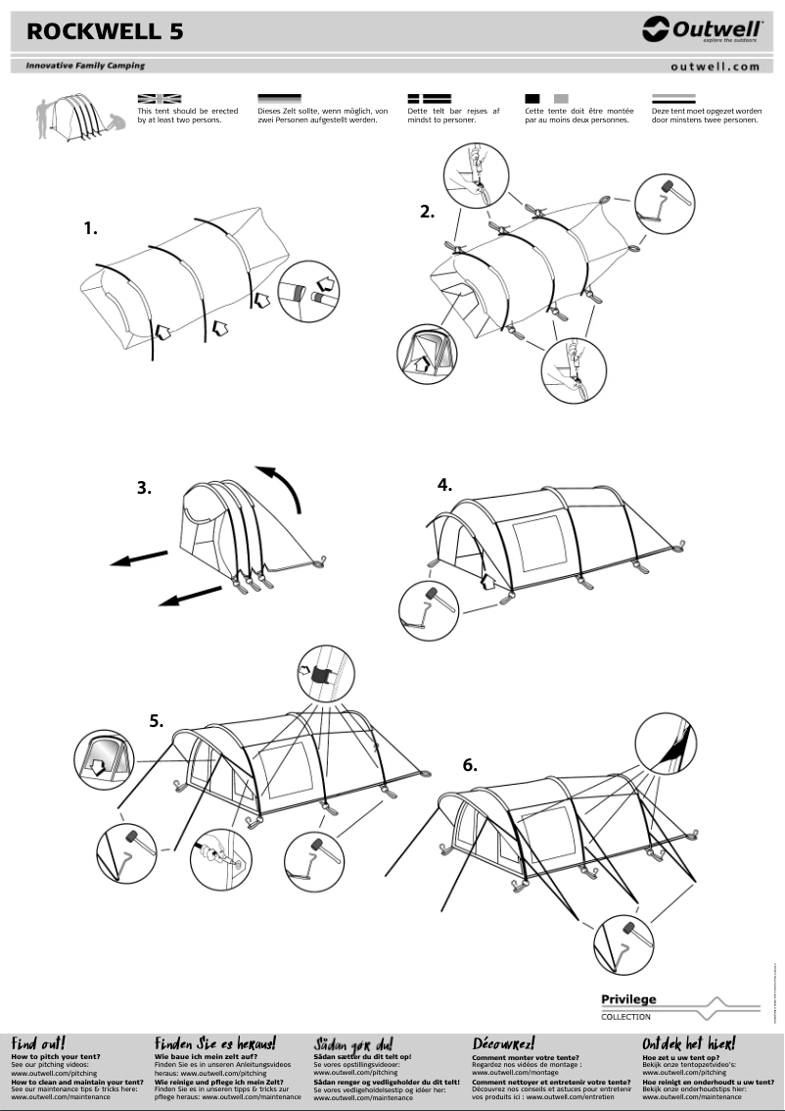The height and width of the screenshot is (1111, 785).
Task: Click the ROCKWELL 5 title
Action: click(105, 31)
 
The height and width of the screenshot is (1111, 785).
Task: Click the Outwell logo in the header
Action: click(702, 30)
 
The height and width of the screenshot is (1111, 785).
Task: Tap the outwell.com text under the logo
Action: click(716, 67)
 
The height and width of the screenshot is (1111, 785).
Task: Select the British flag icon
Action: click(160, 99)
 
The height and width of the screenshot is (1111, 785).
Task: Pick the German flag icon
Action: click(279, 99)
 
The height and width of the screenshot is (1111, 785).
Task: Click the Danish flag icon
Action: click(428, 99)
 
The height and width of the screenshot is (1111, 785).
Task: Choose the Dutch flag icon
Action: click(673, 99)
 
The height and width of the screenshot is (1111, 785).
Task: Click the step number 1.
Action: click(91, 228)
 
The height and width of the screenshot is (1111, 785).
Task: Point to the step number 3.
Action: click(144, 487)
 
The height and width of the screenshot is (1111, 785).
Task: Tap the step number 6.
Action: click(470, 765)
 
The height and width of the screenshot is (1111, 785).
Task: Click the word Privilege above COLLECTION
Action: click(628, 1000)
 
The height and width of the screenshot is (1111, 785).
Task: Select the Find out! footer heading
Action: click(38, 1043)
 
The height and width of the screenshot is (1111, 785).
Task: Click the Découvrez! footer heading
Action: click(503, 1043)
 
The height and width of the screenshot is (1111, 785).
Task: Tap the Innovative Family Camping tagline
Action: click(85, 66)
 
